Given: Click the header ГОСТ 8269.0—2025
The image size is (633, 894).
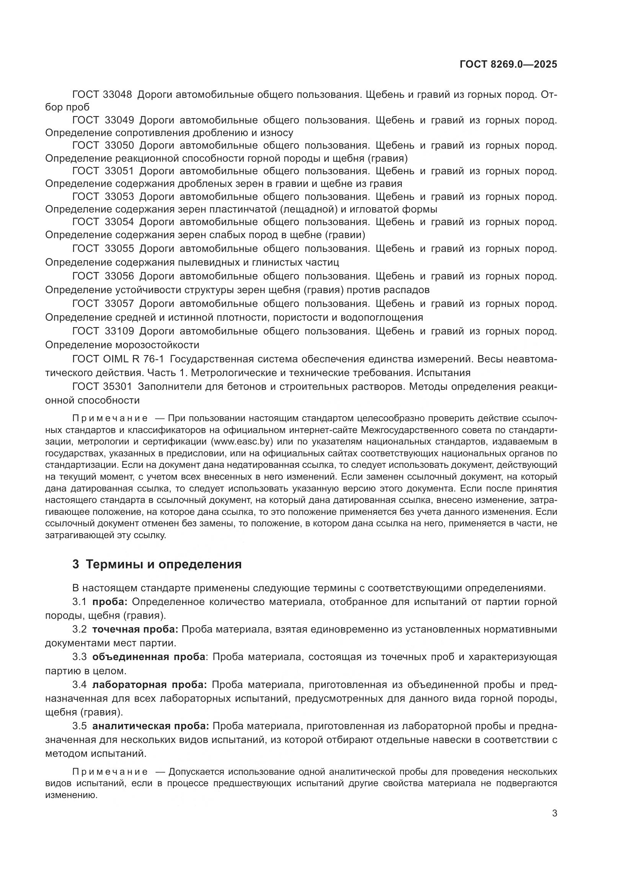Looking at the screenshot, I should (x=508, y=64).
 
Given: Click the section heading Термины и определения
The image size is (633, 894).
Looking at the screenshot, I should (x=163, y=564).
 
